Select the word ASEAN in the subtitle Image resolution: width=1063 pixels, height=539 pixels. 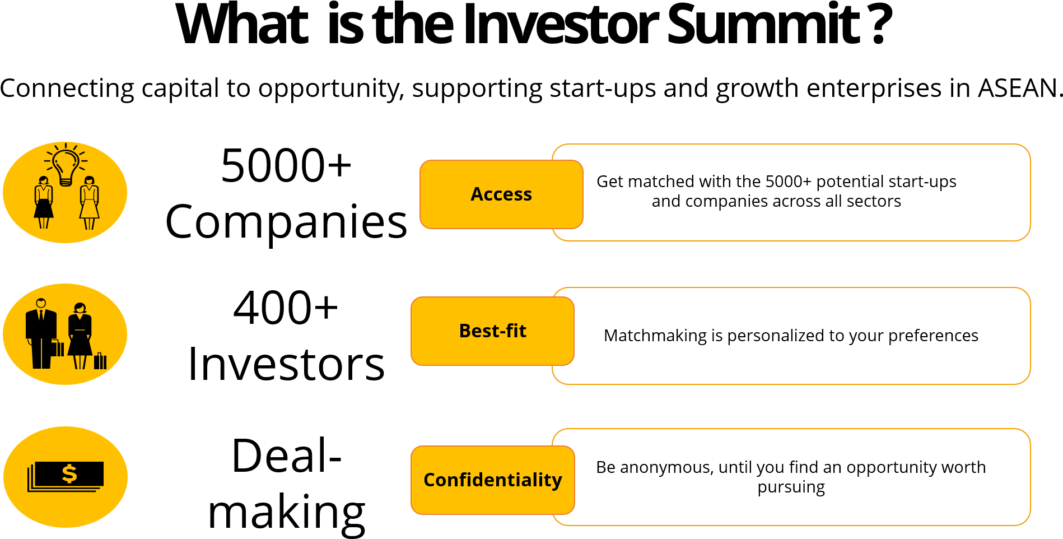(1018, 88)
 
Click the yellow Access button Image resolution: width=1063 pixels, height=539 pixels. (501, 194)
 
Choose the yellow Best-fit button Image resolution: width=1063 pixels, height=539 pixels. (492, 331)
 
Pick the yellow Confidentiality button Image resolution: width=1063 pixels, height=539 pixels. (493, 480)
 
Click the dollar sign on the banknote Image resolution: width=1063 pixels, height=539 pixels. (69, 474)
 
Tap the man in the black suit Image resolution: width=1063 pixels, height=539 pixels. (41, 333)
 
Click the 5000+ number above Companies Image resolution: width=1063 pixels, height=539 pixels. (286, 165)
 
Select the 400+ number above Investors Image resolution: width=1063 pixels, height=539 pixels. (286, 308)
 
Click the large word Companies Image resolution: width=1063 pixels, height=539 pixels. (286, 222)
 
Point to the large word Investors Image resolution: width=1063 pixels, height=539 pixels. (286, 364)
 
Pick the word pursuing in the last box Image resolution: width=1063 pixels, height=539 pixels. (791, 487)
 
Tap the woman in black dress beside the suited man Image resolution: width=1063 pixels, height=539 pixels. (80, 336)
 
